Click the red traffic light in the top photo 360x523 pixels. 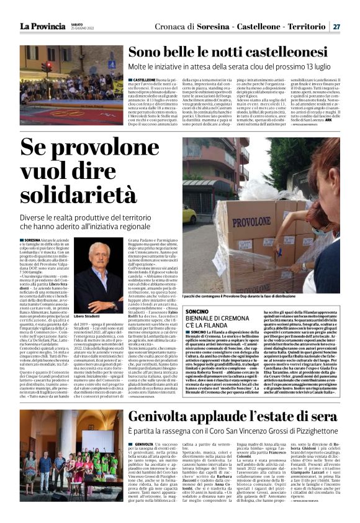tap(44, 66)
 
